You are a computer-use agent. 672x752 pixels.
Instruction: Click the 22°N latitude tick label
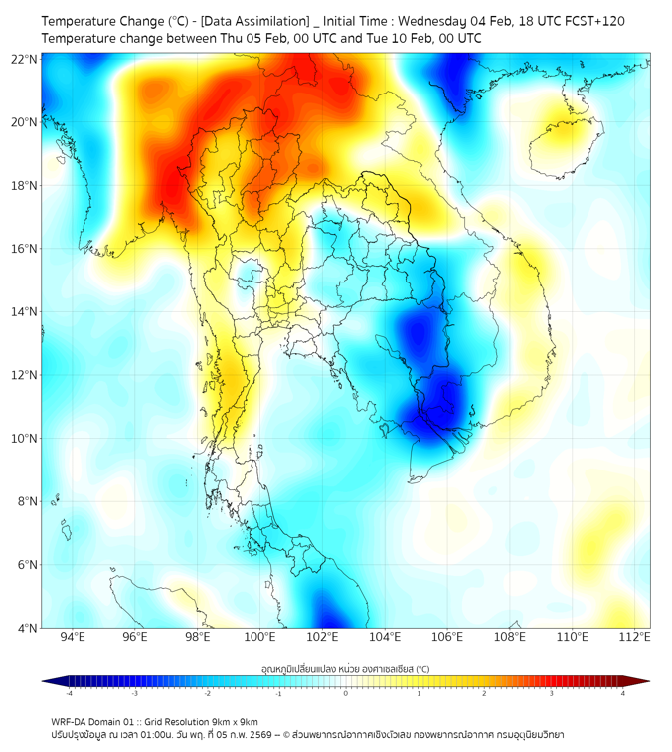[x=25, y=59]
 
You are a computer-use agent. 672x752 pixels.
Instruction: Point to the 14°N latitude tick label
[x=25, y=312]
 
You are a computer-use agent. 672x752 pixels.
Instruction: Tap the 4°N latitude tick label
[x=28, y=628]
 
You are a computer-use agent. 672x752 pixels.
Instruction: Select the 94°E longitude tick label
[x=73, y=637]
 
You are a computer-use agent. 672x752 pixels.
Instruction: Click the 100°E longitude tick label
[x=259, y=637]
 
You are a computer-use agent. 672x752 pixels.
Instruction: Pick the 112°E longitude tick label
[x=634, y=637]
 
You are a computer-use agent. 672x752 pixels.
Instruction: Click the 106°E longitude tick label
[x=447, y=637]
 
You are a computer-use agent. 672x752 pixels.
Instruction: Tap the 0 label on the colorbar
[x=346, y=693]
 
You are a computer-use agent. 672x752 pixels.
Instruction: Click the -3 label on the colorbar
[x=134, y=693]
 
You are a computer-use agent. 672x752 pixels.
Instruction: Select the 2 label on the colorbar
[x=488, y=693]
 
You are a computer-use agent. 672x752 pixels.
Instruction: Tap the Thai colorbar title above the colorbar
[x=345, y=669]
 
